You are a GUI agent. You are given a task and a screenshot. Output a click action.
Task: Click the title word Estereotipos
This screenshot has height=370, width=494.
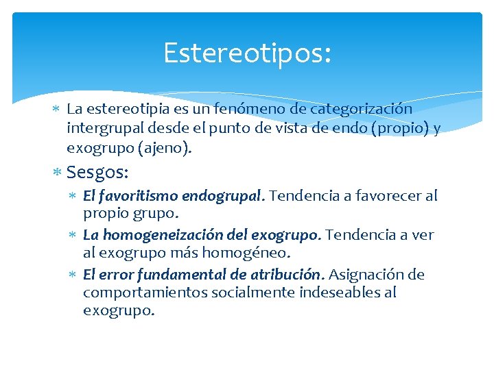point(246,53)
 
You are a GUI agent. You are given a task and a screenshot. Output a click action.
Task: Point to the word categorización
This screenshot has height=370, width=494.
point(361,108)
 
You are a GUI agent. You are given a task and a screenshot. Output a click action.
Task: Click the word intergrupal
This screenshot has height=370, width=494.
point(99,127)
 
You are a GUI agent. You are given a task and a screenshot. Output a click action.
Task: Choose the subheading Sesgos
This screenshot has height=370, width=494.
point(97,171)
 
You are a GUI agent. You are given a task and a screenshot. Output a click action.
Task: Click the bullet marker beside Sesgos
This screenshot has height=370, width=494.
point(57,172)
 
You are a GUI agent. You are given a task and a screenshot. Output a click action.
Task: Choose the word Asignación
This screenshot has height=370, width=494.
point(367,275)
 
